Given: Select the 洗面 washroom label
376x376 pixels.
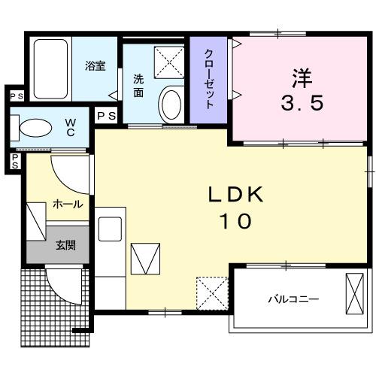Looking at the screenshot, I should (139, 86).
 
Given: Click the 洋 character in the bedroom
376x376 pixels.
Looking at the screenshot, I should (301, 78).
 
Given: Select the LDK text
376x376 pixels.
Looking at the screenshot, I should (235, 195).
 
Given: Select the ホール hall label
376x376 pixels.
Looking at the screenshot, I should (67, 204).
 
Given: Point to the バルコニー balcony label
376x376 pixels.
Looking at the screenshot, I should (293, 299).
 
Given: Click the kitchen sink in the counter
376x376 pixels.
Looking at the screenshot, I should (111, 226).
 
